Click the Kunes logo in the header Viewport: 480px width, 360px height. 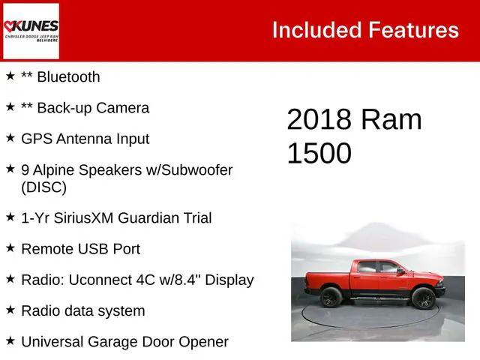click(31, 31)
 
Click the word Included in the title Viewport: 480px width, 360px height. click(316, 30)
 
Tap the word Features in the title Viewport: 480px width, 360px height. click(413, 30)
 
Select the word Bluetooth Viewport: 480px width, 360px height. click(68, 76)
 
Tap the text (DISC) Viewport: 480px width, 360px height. click(43, 187)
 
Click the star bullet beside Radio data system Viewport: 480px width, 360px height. click(10, 310)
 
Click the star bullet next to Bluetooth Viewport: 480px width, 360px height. click(10, 76)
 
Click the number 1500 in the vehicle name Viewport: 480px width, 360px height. click(319, 154)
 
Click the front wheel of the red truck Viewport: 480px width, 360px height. click(422, 298)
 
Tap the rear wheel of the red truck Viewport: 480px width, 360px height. click(331, 297)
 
